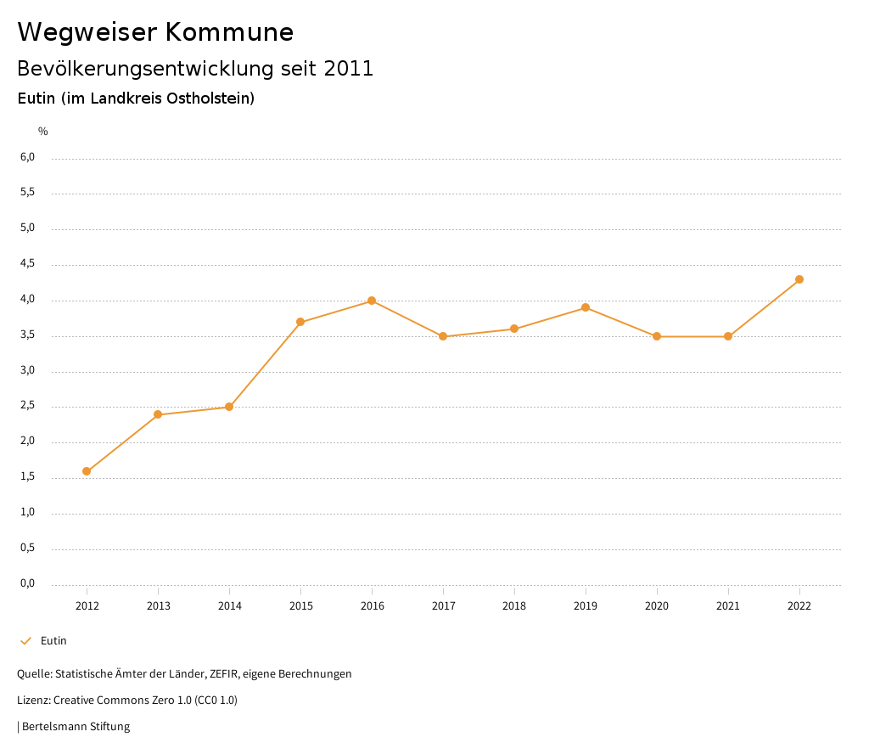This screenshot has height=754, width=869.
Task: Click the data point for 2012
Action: point(87,471)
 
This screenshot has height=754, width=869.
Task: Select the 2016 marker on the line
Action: point(372,301)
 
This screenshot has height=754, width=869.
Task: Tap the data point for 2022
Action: point(799,279)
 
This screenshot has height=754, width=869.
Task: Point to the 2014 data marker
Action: point(229,407)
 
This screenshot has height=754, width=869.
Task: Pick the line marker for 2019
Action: point(586,307)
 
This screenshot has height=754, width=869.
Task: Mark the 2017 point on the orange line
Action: point(443,336)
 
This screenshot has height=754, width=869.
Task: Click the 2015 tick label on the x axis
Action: point(300,606)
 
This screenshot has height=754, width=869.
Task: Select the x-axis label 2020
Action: point(657,606)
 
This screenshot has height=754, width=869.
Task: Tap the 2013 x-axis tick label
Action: point(158,606)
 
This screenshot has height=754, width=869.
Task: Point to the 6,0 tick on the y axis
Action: point(28,157)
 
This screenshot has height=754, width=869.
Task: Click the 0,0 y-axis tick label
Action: point(28,583)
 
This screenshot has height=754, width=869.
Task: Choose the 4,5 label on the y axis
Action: point(28,264)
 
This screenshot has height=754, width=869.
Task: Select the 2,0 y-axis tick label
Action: point(28,442)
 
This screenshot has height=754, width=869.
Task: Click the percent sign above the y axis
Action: point(43,132)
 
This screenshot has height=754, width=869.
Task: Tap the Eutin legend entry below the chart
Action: point(53,641)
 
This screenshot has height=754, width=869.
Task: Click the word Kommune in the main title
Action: point(229,32)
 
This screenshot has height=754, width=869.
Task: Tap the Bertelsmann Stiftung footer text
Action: point(76,727)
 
